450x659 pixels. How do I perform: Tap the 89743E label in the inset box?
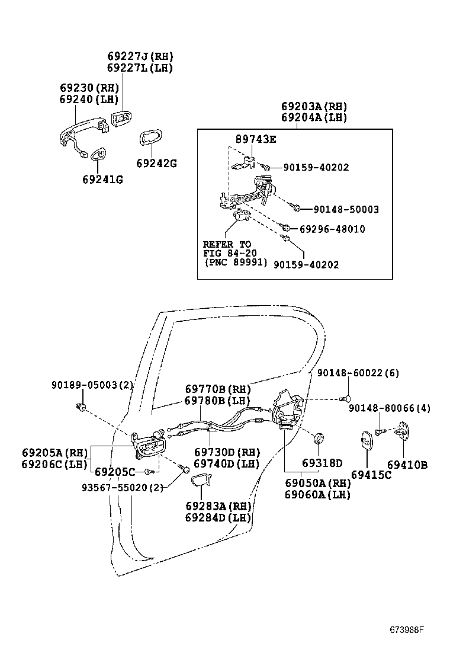point(256,139)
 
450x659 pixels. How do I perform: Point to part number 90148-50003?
point(346,209)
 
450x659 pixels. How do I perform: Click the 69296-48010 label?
point(332,229)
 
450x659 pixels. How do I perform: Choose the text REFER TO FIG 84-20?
point(227,249)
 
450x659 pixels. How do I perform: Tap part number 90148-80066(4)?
point(390,408)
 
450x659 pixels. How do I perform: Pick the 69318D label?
point(322,463)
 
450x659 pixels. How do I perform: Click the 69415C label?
point(371,475)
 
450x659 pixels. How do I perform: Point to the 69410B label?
point(407,465)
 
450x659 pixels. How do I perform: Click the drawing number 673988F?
point(407,629)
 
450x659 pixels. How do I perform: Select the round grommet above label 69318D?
point(318,439)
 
